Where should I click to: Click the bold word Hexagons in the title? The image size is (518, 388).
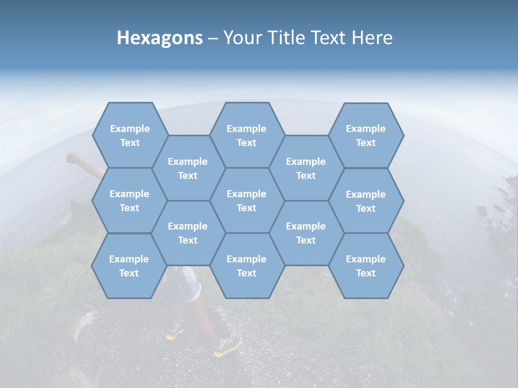[x=160, y=38]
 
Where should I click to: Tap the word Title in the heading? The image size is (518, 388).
[x=287, y=38]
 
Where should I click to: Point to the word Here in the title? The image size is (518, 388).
[x=372, y=38]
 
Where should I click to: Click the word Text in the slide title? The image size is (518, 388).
[x=329, y=38]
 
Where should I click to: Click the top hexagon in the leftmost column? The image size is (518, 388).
[x=129, y=135]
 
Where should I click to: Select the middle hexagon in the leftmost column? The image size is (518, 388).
[x=129, y=200]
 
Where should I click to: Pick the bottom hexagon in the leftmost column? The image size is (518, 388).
[x=129, y=266]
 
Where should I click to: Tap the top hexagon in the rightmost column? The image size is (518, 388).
[x=366, y=135]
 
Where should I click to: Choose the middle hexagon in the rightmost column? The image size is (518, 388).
[x=366, y=201]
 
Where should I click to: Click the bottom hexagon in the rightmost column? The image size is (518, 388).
[x=366, y=266]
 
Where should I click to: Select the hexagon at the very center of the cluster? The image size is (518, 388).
[x=247, y=200]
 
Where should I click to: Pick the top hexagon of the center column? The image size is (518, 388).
[x=247, y=135]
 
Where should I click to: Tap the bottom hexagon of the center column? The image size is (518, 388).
[x=247, y=266]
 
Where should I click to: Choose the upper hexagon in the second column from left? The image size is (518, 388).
[x=188, y=168]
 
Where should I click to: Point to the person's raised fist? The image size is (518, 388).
[x=73, y=157]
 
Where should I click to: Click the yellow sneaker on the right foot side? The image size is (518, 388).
[x=227, y=347]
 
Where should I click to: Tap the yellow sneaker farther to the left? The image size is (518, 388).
[x=174, y=332]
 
